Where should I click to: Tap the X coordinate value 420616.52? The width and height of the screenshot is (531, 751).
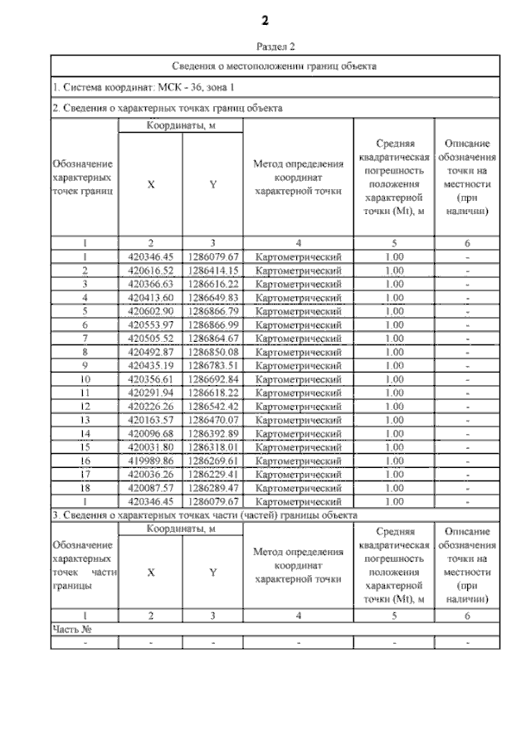pyautogui.click(x=150, y=271)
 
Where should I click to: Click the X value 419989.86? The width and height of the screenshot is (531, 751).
pyautogui.click(x=150, y=461)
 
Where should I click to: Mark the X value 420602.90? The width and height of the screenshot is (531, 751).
pyautogui.click(x=150, y=311)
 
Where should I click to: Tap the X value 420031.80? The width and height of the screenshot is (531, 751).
pyautogui.click(x=150, y=446)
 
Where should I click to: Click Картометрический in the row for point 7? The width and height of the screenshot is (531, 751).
pyautogui.click(x=298, y=339)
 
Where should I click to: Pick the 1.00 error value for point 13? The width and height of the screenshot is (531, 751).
pyautogui.click(x=394, y=420)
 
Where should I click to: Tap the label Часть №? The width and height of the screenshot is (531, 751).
pyautogui.click(x=71, y=630)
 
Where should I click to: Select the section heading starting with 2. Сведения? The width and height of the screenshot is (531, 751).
pyautogui.click(x=167, y=108)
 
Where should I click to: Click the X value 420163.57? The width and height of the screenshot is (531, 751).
pyautogui.click(x=150, y=420)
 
